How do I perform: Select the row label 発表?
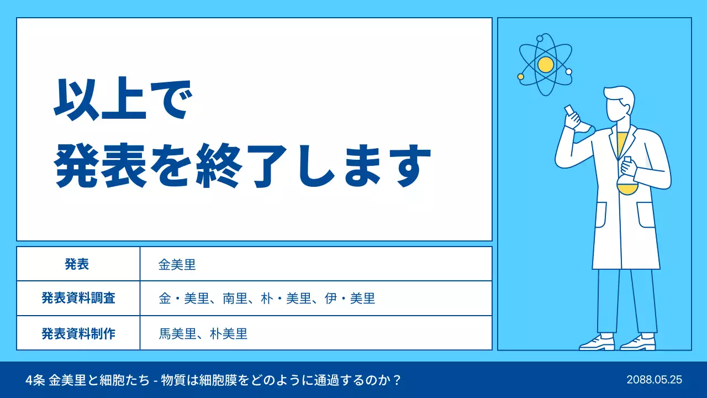(x=77, y=264)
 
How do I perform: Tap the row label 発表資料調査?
(x=78, y=298)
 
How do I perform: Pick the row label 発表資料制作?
(x=78, y=333)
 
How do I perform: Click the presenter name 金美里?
(x=177, y=265)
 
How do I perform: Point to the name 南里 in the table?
(x=235, y=299)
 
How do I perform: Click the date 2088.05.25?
(x=655, y=380)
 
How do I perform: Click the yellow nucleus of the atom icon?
(x=545, y=65)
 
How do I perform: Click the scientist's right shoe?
(x=597, y=343)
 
